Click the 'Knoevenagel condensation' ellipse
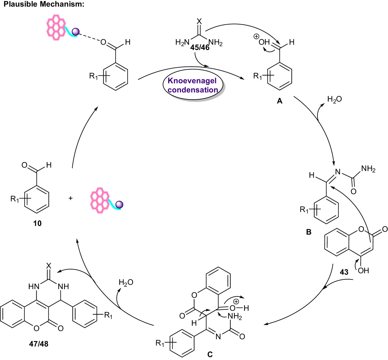pos(192,85)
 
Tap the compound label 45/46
pos(200,47)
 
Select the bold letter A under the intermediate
pos(279,101)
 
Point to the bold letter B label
pos(308,232)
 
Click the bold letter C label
pos(210,354)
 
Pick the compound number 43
pos(344,272)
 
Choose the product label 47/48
pos(39,344)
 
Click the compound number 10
pos(37,224)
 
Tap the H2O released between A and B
pos(334,99)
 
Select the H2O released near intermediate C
pos(126,282)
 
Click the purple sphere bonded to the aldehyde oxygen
pos(76,32)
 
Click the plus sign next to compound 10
pos(71,198)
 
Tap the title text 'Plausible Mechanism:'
pos(44,4)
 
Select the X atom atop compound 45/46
pos(199,21)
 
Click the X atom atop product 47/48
pos(49,266)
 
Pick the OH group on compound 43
pos(363,270)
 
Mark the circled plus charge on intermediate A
pos(256,37)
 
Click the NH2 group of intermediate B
pos(368,169)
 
